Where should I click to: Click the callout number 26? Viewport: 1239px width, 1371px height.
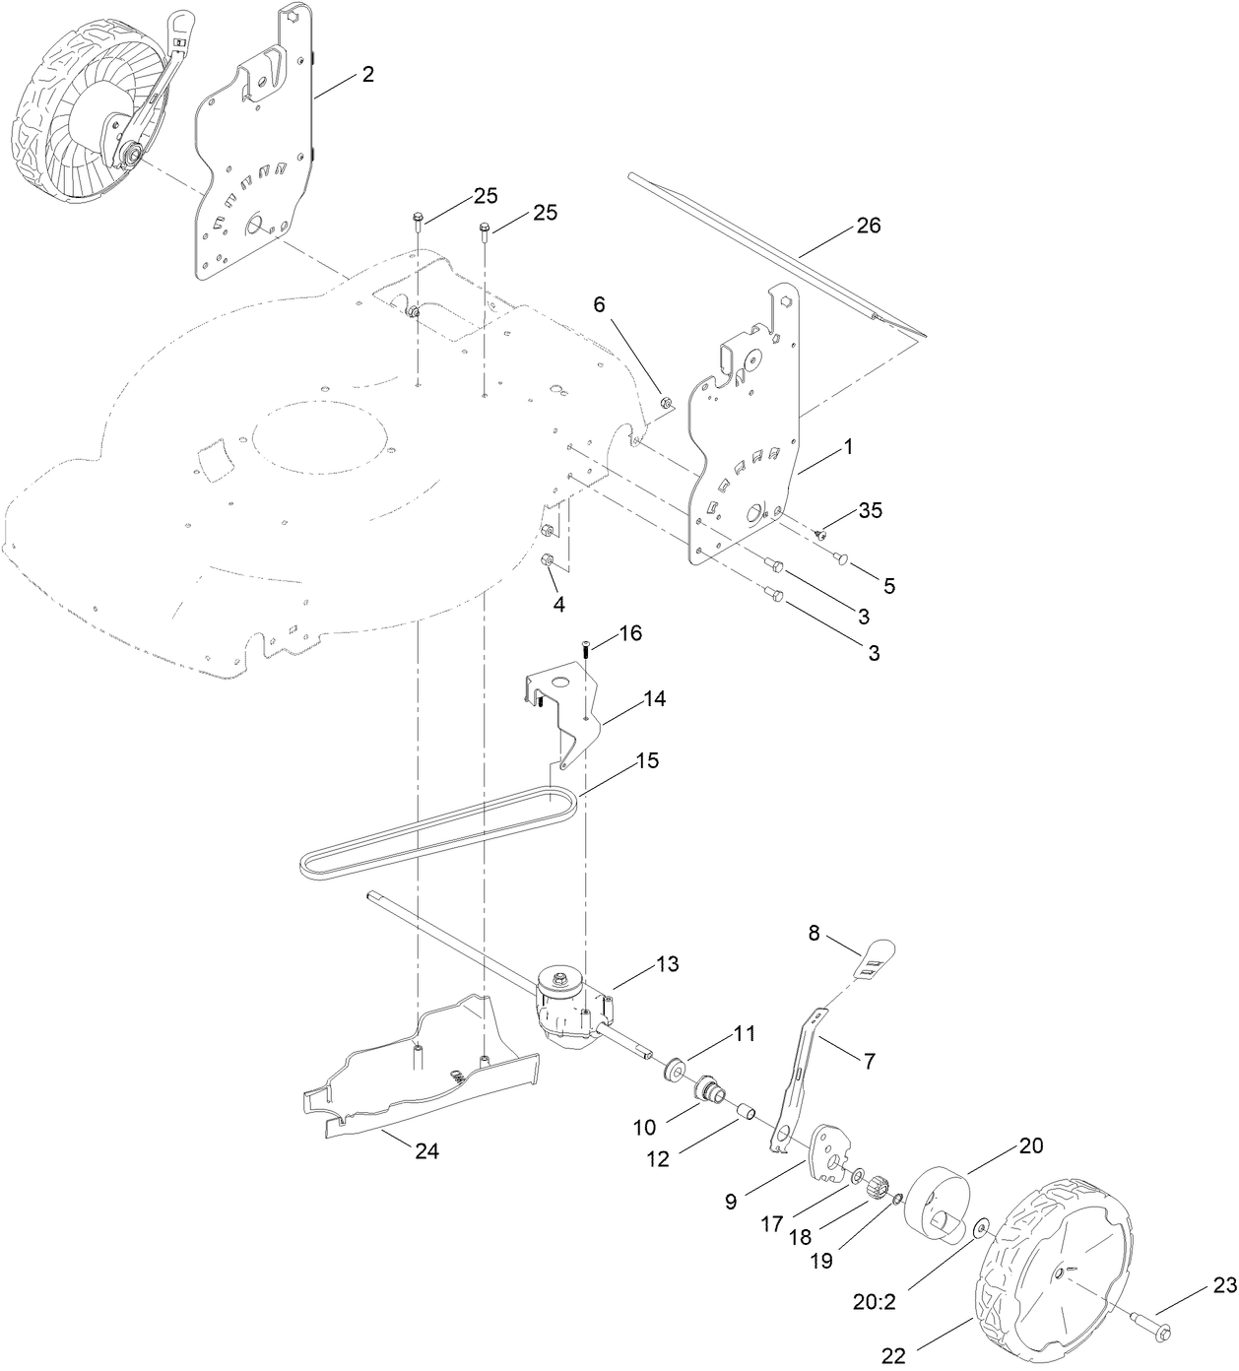[868, 226]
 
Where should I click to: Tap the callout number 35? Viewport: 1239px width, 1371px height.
[870, 510]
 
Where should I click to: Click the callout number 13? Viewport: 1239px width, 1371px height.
[667, 964]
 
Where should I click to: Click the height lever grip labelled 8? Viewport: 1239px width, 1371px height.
[876, 955]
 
